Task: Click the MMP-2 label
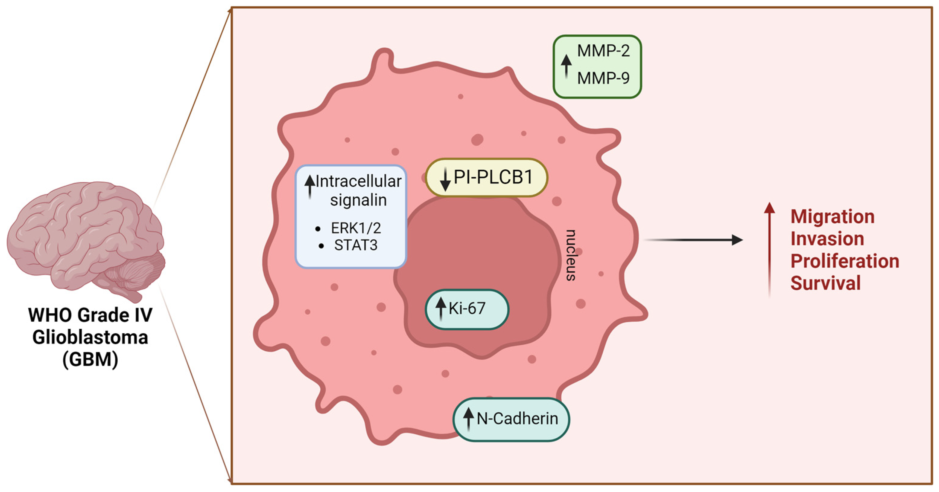[x=603, y=51]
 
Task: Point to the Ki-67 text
[x=467, y=308]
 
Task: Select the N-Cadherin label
[x=517, y=418]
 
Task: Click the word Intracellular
[x=358, y=181]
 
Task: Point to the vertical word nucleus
[x=571, y=255]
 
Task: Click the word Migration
[x=832, y=217]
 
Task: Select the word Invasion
[x=827, y=239]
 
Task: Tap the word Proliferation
[x=845, y=261]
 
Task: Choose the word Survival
[x=825, y=283]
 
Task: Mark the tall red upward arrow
[x=769, y=248]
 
